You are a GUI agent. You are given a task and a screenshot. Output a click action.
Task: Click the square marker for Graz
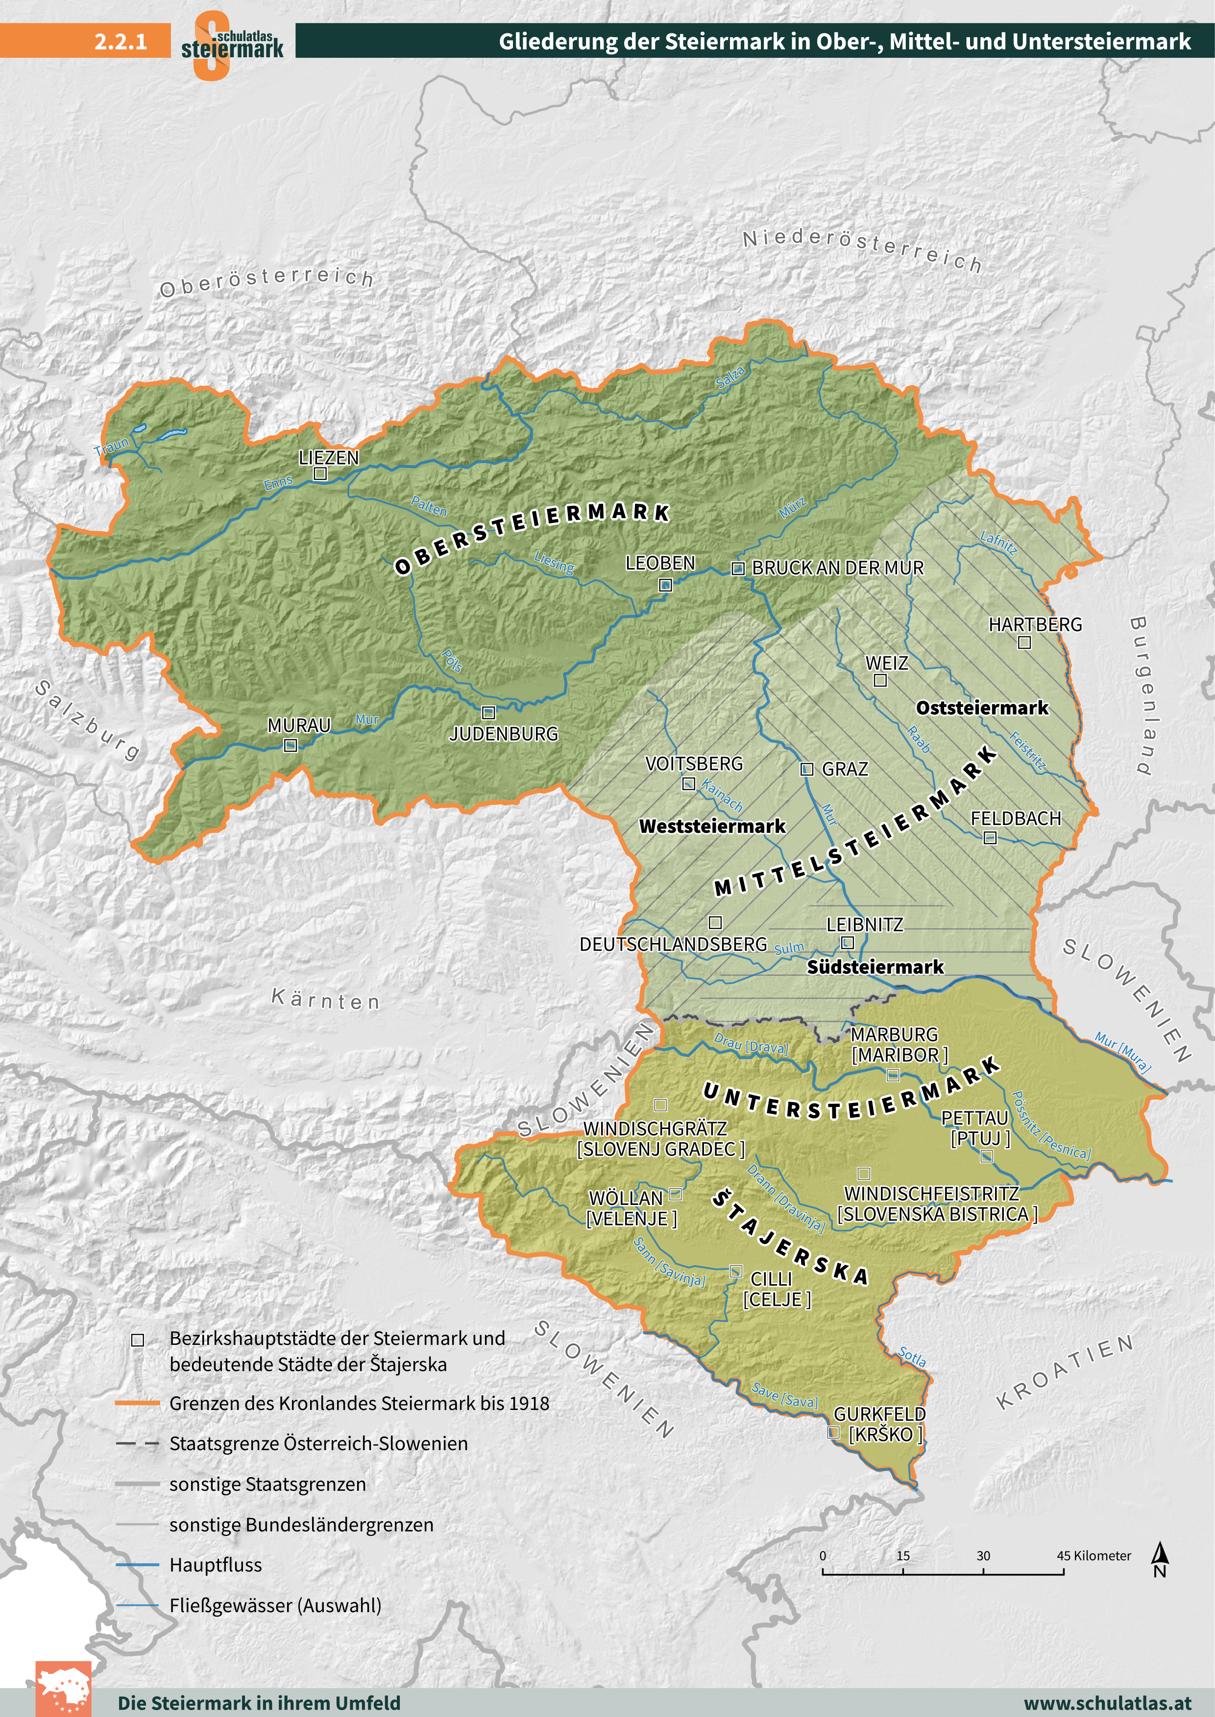tap(806, 769)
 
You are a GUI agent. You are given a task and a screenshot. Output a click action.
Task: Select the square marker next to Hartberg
tap(1024, 642)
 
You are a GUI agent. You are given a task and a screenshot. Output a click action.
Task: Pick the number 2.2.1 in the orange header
tap(121, 41)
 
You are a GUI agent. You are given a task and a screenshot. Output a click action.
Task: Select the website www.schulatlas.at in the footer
tap(1107, 1704)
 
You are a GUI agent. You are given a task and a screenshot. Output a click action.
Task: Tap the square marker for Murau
tap(291, 745)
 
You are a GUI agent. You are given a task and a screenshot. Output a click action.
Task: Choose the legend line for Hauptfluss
tap(138, 1564)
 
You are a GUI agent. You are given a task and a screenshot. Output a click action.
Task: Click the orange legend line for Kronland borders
tap(138, 1404)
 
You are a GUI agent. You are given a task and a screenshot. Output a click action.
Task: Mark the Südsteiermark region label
tap(875, 967)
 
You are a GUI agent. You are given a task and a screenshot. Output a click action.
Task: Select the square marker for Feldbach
tap(989, 838)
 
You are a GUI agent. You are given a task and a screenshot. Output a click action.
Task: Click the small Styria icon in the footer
tap(64, 1690)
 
